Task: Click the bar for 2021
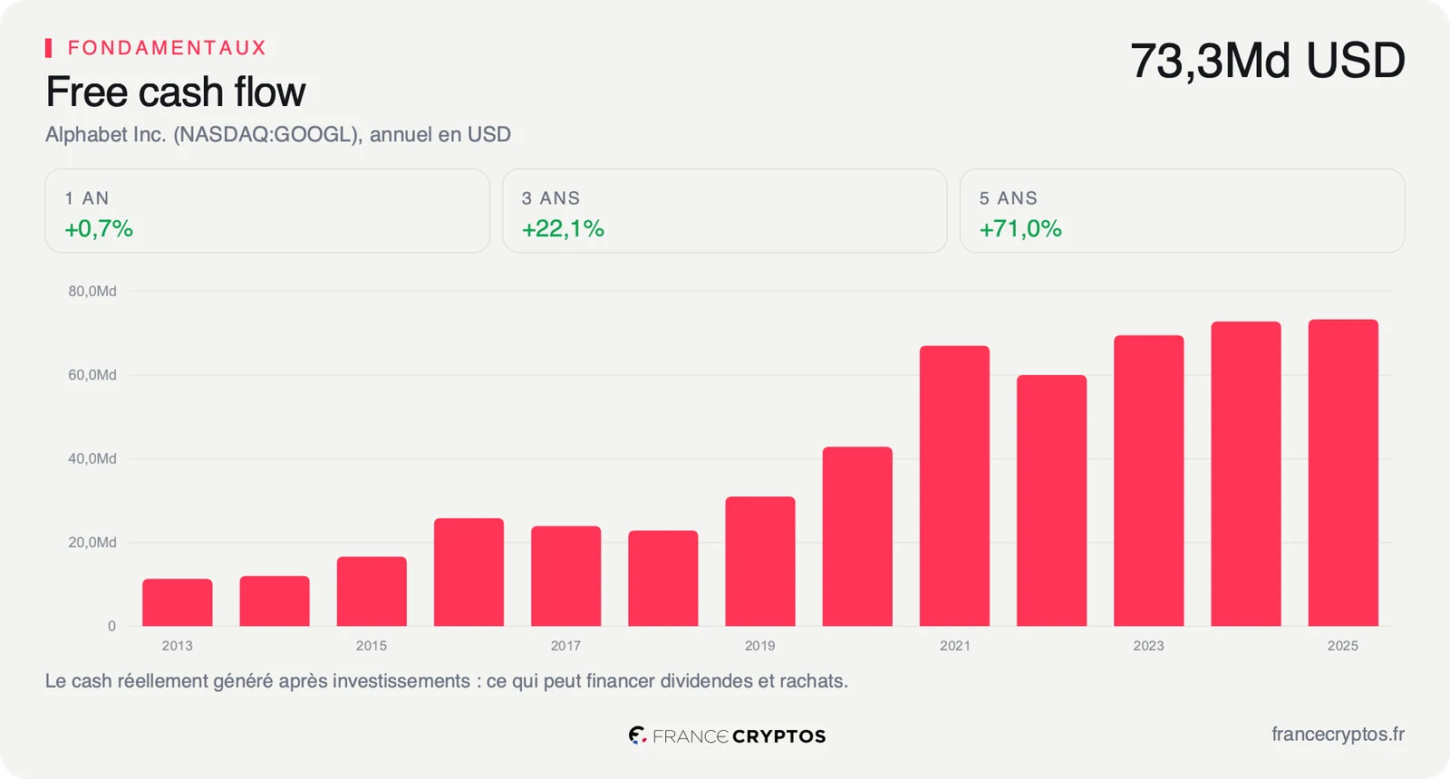pyautogui.click(x=954, y=486)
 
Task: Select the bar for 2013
pyautogui.click(x=178, y=602)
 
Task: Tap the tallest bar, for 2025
pyautogui.click(x=1343, y=473)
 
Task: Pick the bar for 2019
pyautogui.click(x=760, y=561)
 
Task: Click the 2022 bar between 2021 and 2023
pyautogui.click(x=1052, y=501)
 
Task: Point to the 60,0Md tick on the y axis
pyautogui.click(x=92, y=375)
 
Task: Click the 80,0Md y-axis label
pyautogui.click(x=92, y=291)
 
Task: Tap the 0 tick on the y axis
pyautogui.click(x=112, y=626)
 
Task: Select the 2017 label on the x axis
pyautogui.click(x=565, y=646)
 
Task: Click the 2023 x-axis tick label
pyautogui.click(x=1148, y=646)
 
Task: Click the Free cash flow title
pyautogui.click(x=176, y=91)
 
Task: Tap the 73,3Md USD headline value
pyautogui.click(x=1268, y=61)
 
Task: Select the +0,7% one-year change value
pyautogui.click(x=99, y=228)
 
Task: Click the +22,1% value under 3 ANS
pyautogui.click(x=563, y=228)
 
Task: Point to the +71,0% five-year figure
pyautogui.click(x=1020, y=228)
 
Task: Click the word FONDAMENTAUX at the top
pyautogui.click(x=167, y=48)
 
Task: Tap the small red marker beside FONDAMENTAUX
pyautogui.click(x=49, y=48)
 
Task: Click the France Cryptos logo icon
pyautogui.click(x=638, y=735)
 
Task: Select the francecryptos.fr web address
pyautogui.click(x=1338, y=735)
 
